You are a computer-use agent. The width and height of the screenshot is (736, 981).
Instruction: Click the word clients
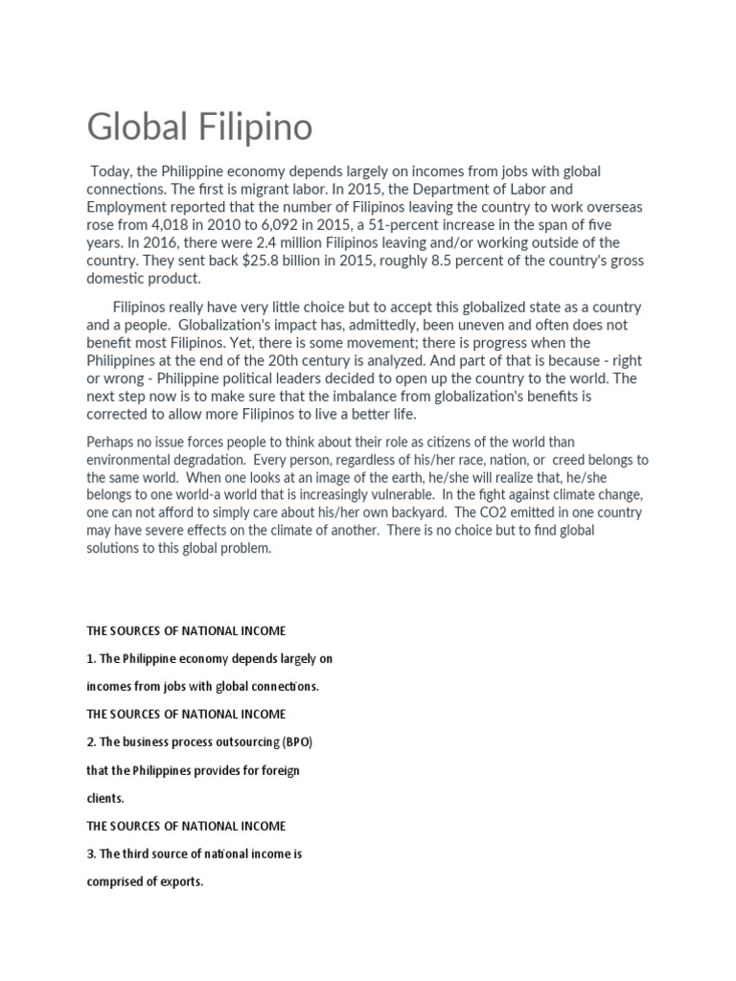tap(105, 797)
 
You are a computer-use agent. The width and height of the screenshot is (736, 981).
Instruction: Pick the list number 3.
tap(91, 853)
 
